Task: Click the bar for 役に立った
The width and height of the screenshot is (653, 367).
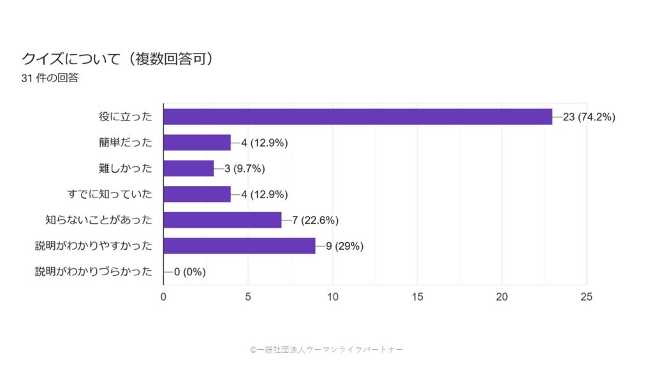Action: pos(357,117)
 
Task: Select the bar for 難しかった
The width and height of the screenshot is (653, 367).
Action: pos(189,168)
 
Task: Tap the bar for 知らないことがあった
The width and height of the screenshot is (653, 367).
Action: pos(223,220)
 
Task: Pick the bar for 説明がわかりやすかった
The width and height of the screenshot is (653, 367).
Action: pos(239,246)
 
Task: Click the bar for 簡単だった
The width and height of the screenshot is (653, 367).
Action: pos(197,143)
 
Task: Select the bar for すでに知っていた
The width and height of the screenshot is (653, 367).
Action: pos(197,194)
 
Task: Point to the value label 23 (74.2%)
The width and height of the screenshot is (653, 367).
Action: pos(589,117)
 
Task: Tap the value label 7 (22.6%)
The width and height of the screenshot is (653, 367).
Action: pos(315,220)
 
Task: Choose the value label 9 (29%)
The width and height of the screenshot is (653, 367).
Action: pos(345,246)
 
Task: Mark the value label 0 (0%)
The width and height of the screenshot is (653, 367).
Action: pos(189,272)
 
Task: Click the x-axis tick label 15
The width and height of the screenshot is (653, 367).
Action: pos(417,297)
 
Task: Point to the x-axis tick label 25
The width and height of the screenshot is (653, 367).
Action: pos(587,297)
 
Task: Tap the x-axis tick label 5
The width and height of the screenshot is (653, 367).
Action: pos(248,297)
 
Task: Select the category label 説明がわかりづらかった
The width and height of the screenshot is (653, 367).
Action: pos(94,272)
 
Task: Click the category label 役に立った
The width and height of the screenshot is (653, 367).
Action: pos(126,117)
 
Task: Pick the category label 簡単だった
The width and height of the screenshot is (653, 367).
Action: pos(126,143)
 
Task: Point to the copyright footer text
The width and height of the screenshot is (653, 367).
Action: pos(326,349)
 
